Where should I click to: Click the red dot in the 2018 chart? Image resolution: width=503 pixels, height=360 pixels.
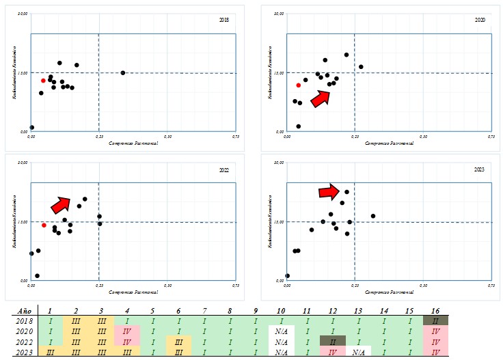pyautogui.click(x=43, y=81)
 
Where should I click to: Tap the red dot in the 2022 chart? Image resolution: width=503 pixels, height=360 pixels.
pyautogui.click(x=44, y=225)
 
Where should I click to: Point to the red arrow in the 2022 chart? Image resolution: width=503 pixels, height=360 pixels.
pyautogui.click(x=61, y=204)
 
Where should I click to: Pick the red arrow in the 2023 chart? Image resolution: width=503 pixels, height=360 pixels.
pyautogui.click(x=329, y=192)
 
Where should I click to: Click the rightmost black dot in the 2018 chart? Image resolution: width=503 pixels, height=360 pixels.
pyautogui.click(x=123, y=72)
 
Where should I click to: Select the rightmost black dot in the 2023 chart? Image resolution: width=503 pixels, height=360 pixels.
pyautogui.click(x=373, y=216)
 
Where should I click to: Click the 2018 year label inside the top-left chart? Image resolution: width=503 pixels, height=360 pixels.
pyautogui.click(x=224, y=20)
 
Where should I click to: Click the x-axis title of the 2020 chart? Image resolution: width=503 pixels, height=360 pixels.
pyautogui.click(x=385, y=143)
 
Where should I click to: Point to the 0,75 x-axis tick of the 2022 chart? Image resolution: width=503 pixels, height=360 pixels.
pyautogui.click(x=236, y=286)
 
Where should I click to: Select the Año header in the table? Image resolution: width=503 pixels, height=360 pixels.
pyautogui.click(x=23, y=311)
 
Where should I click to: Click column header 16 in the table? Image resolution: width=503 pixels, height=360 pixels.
pyautogui.click(x=435, y=311)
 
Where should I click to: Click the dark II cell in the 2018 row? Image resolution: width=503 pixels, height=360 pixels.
pyautogui.click(x=435, y=320)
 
